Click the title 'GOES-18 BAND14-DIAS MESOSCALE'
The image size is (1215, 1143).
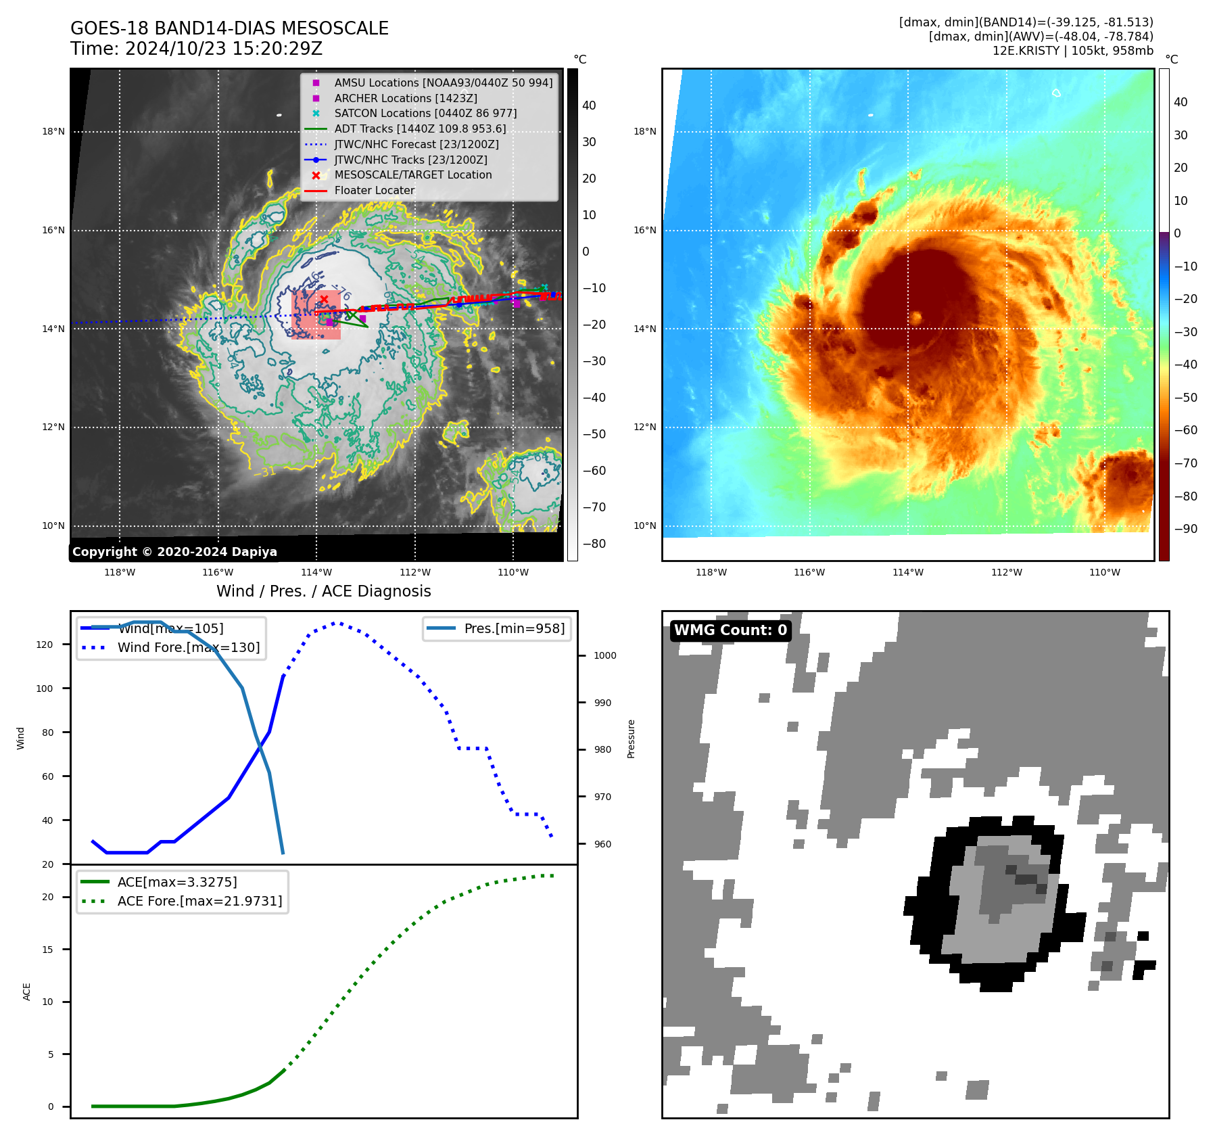(229, 28)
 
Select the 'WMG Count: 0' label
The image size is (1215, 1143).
(730, 630)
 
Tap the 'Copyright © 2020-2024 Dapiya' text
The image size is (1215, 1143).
(174, 552)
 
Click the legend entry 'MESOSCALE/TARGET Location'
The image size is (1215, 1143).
(412, 175)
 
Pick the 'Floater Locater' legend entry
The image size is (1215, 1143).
(374, 191)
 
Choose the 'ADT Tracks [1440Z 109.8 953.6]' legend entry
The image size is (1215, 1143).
(419, 129)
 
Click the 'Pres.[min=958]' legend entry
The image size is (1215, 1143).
(514, 628)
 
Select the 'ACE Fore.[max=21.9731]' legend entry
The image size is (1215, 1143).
(199, 901)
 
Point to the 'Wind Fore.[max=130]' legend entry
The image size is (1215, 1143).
(188, 647)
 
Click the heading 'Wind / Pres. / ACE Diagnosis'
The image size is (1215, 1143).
(323, 591)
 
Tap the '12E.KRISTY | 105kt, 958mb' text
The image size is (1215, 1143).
(1072, 51)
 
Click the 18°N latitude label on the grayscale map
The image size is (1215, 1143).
(53, 132)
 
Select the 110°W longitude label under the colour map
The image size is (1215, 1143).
(1104, 572)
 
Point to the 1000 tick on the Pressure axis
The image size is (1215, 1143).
(604, 655)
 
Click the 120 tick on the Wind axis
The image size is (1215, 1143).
(45, 645)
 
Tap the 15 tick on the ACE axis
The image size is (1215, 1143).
(47, 950)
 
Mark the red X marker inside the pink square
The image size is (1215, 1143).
(324, 299)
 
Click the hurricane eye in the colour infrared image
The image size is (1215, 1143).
(917, 317)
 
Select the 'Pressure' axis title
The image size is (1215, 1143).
(631, 739)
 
